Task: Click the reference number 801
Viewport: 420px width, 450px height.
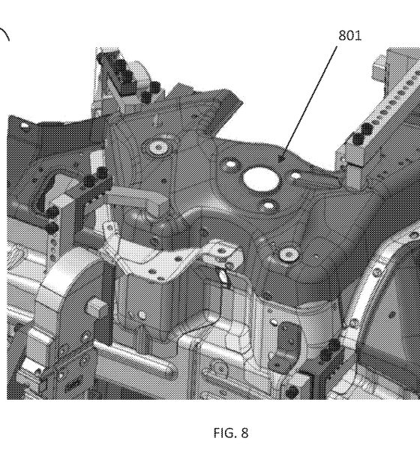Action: [x=349, y=35]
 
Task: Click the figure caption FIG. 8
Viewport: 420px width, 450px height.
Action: [x=231, y=433]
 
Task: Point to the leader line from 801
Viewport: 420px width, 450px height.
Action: [x=309, y=102]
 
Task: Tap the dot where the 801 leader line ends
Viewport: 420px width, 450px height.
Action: [x=281, y=158]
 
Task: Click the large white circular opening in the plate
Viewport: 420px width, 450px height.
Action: [x=261, y=179]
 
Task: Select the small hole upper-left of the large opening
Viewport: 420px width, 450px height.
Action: [x=230, y=164]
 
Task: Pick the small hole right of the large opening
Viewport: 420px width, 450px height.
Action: [x=295, y=175]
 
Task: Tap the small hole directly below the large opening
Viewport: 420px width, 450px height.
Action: [x=268, y=205]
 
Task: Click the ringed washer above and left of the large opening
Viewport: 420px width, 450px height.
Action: [x=158, y=148]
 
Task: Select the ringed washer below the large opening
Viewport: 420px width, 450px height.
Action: [x=289, y=254]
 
